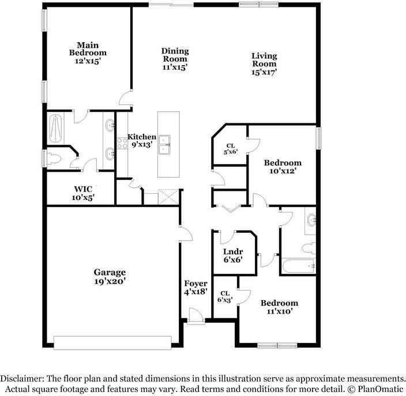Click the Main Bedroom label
click(88, 52)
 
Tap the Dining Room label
click(174, 59)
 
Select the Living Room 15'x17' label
click(264, 63)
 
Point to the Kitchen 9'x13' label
click(141, 141)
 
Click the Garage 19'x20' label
click(110, 277)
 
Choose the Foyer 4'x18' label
click(196, 288)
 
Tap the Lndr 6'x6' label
click(233, 255)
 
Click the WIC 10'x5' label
click(83, 193)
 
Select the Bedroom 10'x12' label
click(283, 167)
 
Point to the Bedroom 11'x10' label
click(279, 307)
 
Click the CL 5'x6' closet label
click(230, 149)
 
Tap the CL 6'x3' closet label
click(224, 296)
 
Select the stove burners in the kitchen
click(122, 142)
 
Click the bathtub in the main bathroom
click(57, 128)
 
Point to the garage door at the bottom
click(112, 342)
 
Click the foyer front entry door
click(196, 316)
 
